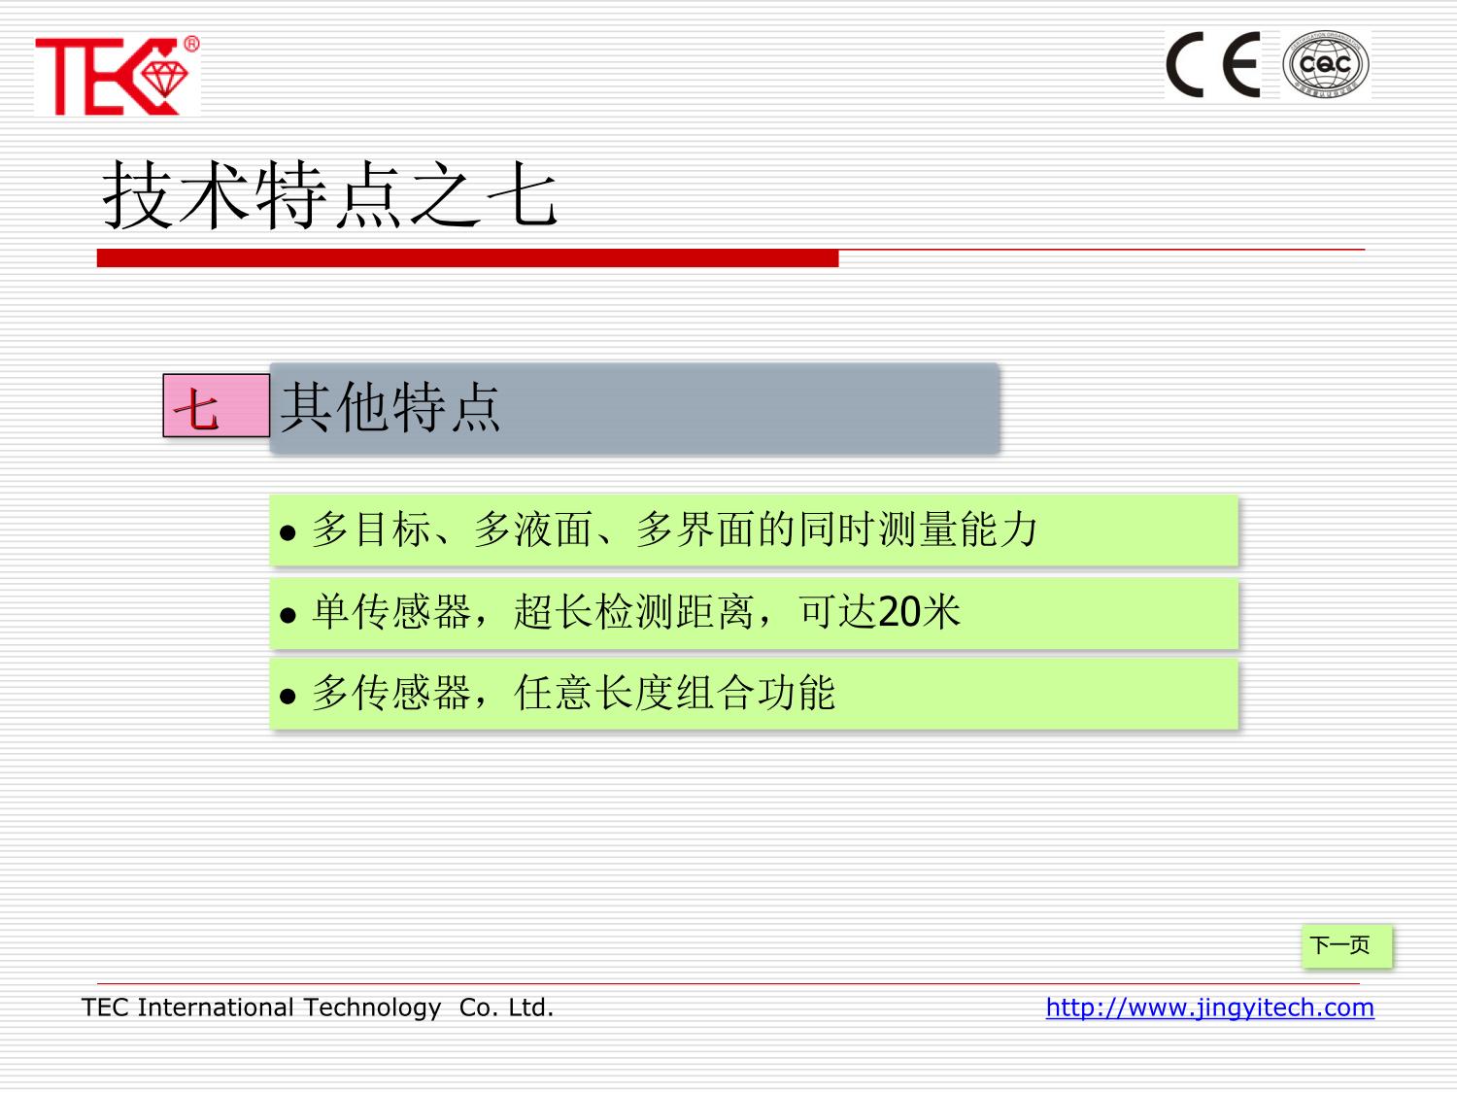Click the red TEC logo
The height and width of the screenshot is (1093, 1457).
(x=117, y=76)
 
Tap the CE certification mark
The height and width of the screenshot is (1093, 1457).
(x=1213, y=65)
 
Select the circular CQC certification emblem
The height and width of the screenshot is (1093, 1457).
(x=1326, y=65)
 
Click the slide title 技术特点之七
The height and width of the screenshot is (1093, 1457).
(x=329, y=195)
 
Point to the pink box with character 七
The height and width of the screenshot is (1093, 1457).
(x=217, y=405)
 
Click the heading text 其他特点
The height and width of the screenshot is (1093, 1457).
(x=390, y=407)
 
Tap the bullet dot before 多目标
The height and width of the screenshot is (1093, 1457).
(x=288, y=532)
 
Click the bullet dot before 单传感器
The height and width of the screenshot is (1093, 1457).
(x=288, y=615)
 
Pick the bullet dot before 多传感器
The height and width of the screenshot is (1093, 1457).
(x=288, y=697)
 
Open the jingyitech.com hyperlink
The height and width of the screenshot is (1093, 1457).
(x=1209, y=1008)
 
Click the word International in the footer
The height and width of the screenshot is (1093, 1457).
(x=216, y=1008)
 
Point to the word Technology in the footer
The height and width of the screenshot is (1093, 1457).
(x=372, y=1008)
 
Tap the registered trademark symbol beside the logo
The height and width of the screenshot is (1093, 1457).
(x=191, y=44)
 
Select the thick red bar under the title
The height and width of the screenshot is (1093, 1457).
(x=467, y=258)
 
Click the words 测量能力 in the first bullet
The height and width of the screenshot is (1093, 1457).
(x=958, y=529)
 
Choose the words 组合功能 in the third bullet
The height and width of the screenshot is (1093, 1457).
(x=756, y=693)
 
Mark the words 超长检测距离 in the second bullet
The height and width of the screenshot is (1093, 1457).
(x=633, y=612)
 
